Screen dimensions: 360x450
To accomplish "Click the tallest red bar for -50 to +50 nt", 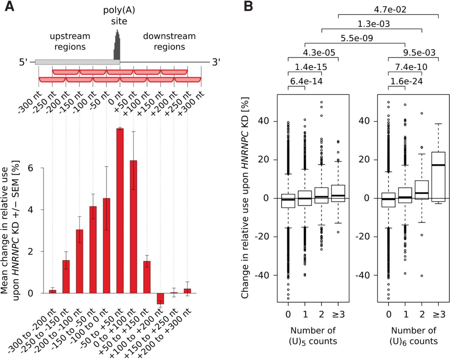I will [x=120, y=211].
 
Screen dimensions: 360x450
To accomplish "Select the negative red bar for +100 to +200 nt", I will [x=160, y=298].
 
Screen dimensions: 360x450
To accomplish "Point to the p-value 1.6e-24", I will [x=406, y=82].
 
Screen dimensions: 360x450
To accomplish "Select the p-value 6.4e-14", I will [x=306, y=82].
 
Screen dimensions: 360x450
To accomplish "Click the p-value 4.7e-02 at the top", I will [x=390, y=9].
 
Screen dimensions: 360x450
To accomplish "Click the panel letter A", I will [x=9, y=7].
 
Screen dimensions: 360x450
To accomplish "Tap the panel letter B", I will [x=248, y=7].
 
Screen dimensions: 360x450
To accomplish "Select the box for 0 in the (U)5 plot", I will [x=288, y=201].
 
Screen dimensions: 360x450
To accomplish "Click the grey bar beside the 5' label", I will [x=77, y=62].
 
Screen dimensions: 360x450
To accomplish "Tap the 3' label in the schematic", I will [x=216, y=63].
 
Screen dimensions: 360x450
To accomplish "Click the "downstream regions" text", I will [x=169, y=41].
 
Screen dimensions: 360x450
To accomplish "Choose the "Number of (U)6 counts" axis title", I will [x=413, y=336].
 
